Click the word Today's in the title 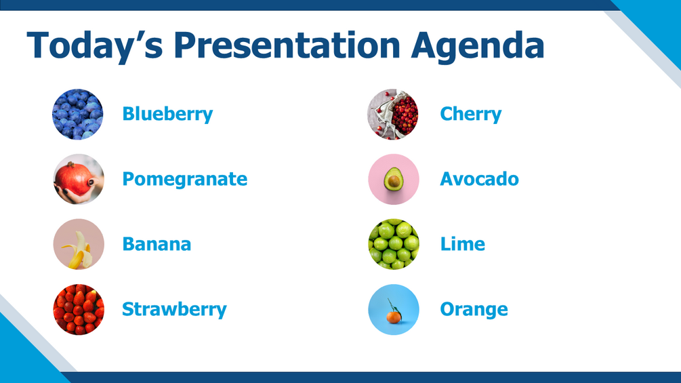pyautogui.click(x=95, y=45)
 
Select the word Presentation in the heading pyautogui.click(x=287, y=45)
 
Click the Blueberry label pyautogui.click(x=167, y=114)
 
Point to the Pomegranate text pyautogui.click(x=184, y=180)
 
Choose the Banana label pyautogui.click(x=157, y=244)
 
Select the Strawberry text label pyautogui.click(x=174, y=310)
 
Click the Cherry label pyautogui.click(x=470, y=114)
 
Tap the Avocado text pyautogui.click(x=479, y=179)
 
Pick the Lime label pyautogui.click(x=463, y=243)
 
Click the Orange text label pyautogui.click(x=474, y=310)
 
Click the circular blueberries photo pyautogui.click(x=78, y=114)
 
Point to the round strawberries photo pyautogui.click(x=79, y=309)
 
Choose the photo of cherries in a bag pyautogui.click(x=392, y=114)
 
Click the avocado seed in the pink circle pyautogui.click(x=394, y=182)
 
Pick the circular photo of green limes pyautogui.click(x=394, y=244)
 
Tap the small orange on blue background pyautogui.click(x=394, y=317)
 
